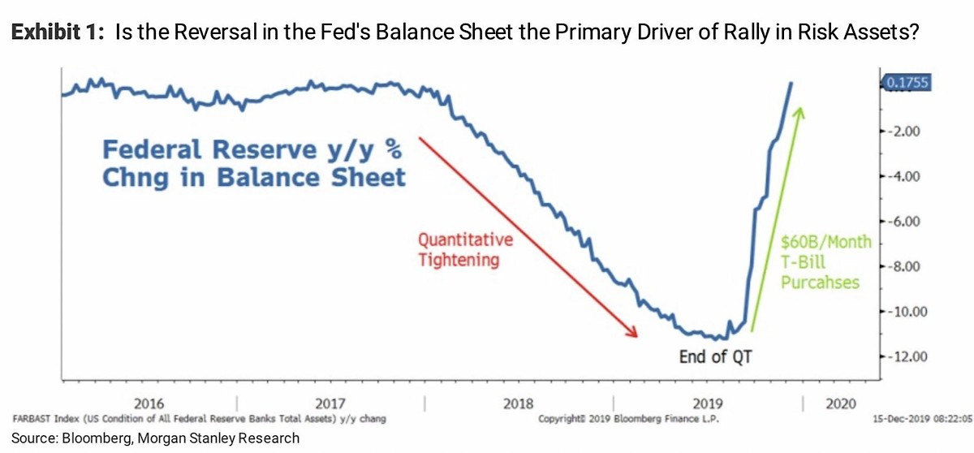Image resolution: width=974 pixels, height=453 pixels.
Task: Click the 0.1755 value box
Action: [x=907, y=82]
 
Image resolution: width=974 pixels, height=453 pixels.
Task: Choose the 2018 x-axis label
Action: [x=519, y=403]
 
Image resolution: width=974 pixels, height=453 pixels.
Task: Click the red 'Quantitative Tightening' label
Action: [x=465, y=250]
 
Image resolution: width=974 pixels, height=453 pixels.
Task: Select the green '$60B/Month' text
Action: [x=826, y=242]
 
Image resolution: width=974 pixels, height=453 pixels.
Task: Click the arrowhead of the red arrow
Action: [x=635, y=332]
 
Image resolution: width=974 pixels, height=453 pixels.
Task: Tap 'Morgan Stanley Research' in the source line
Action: [x=225, y=438]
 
